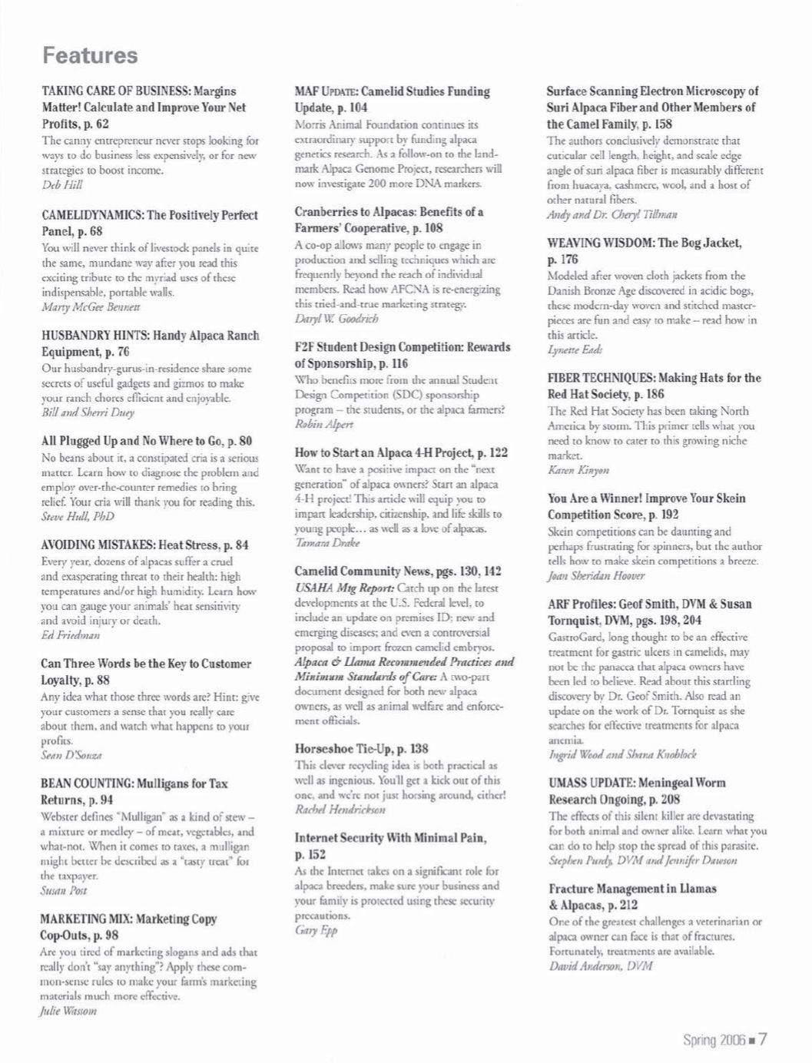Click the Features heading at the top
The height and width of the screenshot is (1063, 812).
90,55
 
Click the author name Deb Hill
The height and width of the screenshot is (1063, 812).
61,185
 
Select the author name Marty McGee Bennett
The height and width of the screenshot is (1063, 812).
91,306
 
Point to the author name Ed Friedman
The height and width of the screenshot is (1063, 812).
70,635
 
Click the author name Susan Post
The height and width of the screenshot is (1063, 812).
63,891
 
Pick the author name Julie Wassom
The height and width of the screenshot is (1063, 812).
68,1012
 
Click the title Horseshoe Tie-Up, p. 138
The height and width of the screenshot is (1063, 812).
362,748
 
